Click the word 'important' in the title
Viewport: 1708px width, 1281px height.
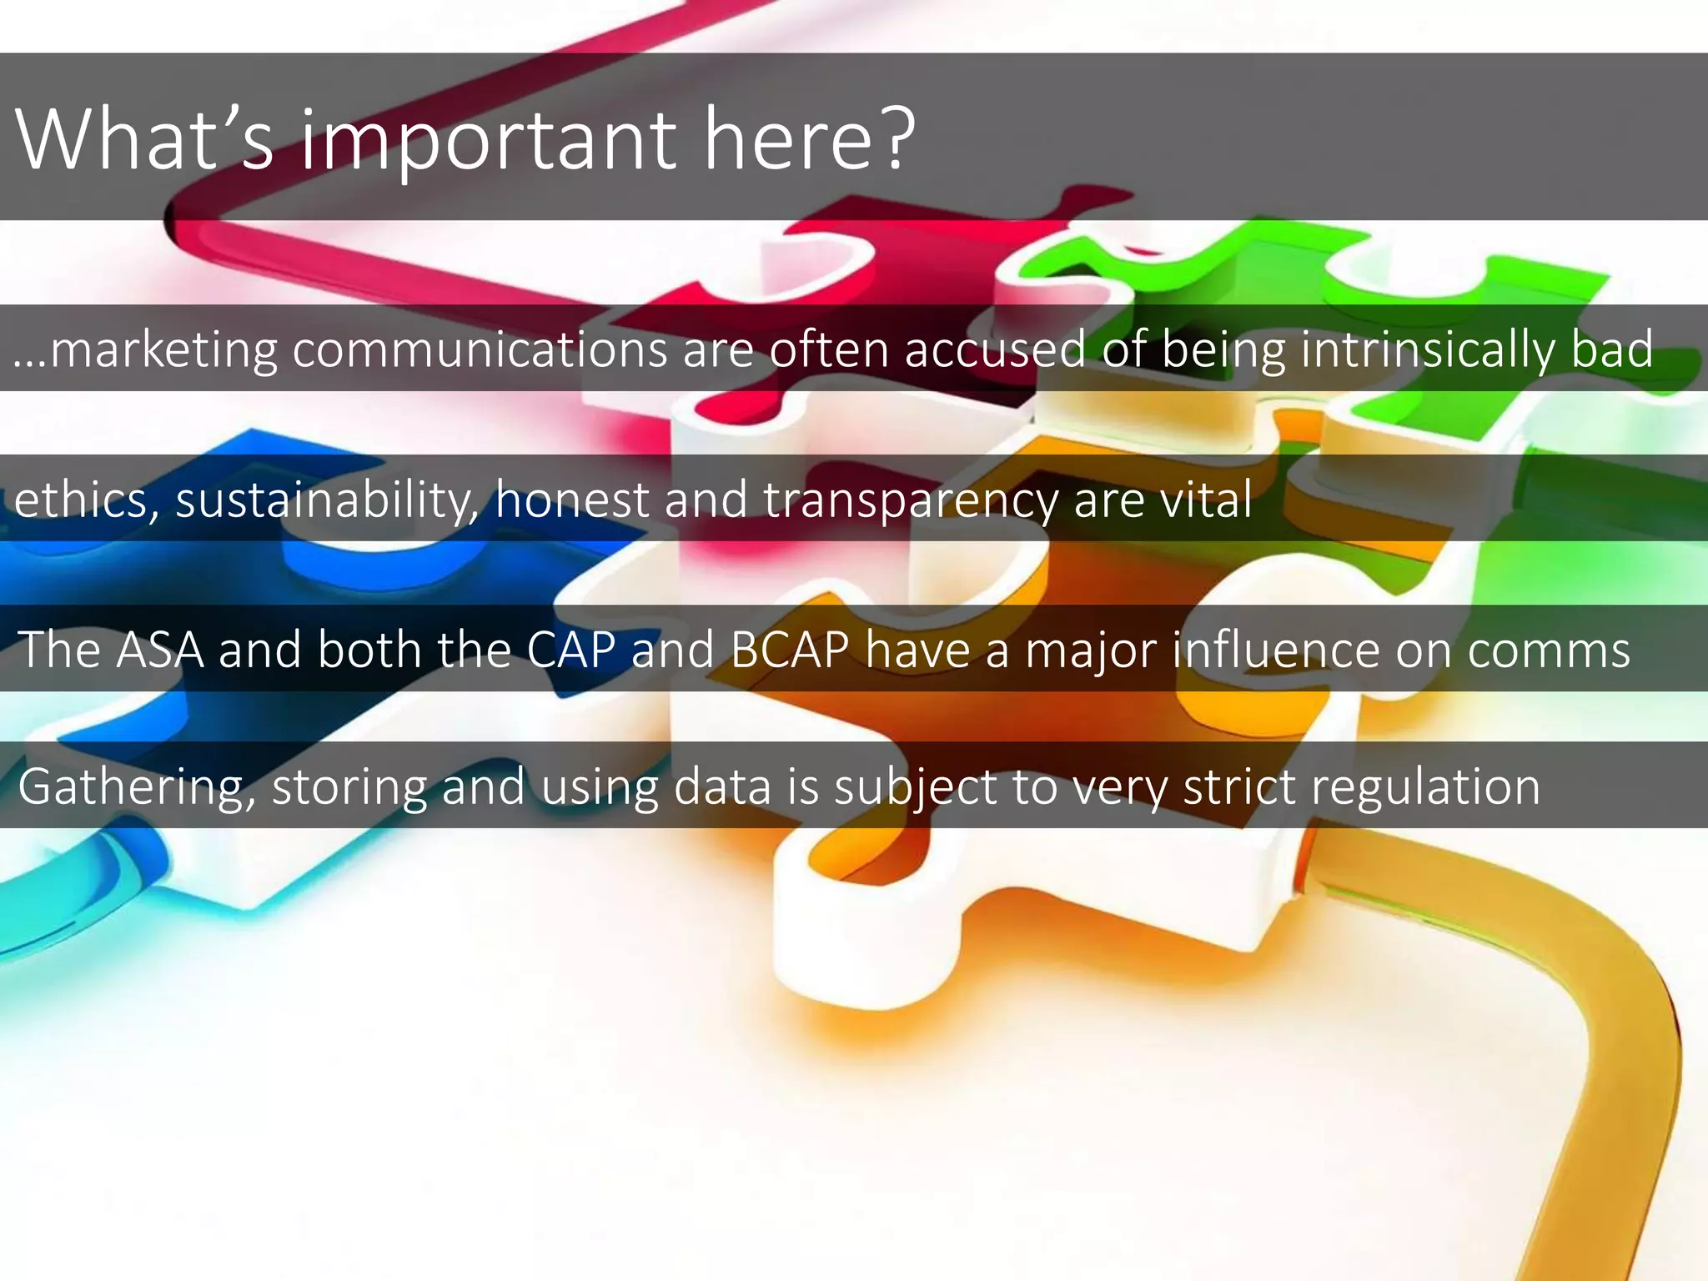pyautogui.click(x=488, y=139)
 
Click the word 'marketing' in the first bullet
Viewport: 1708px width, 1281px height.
pyautogui.click(x=163, y=349)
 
